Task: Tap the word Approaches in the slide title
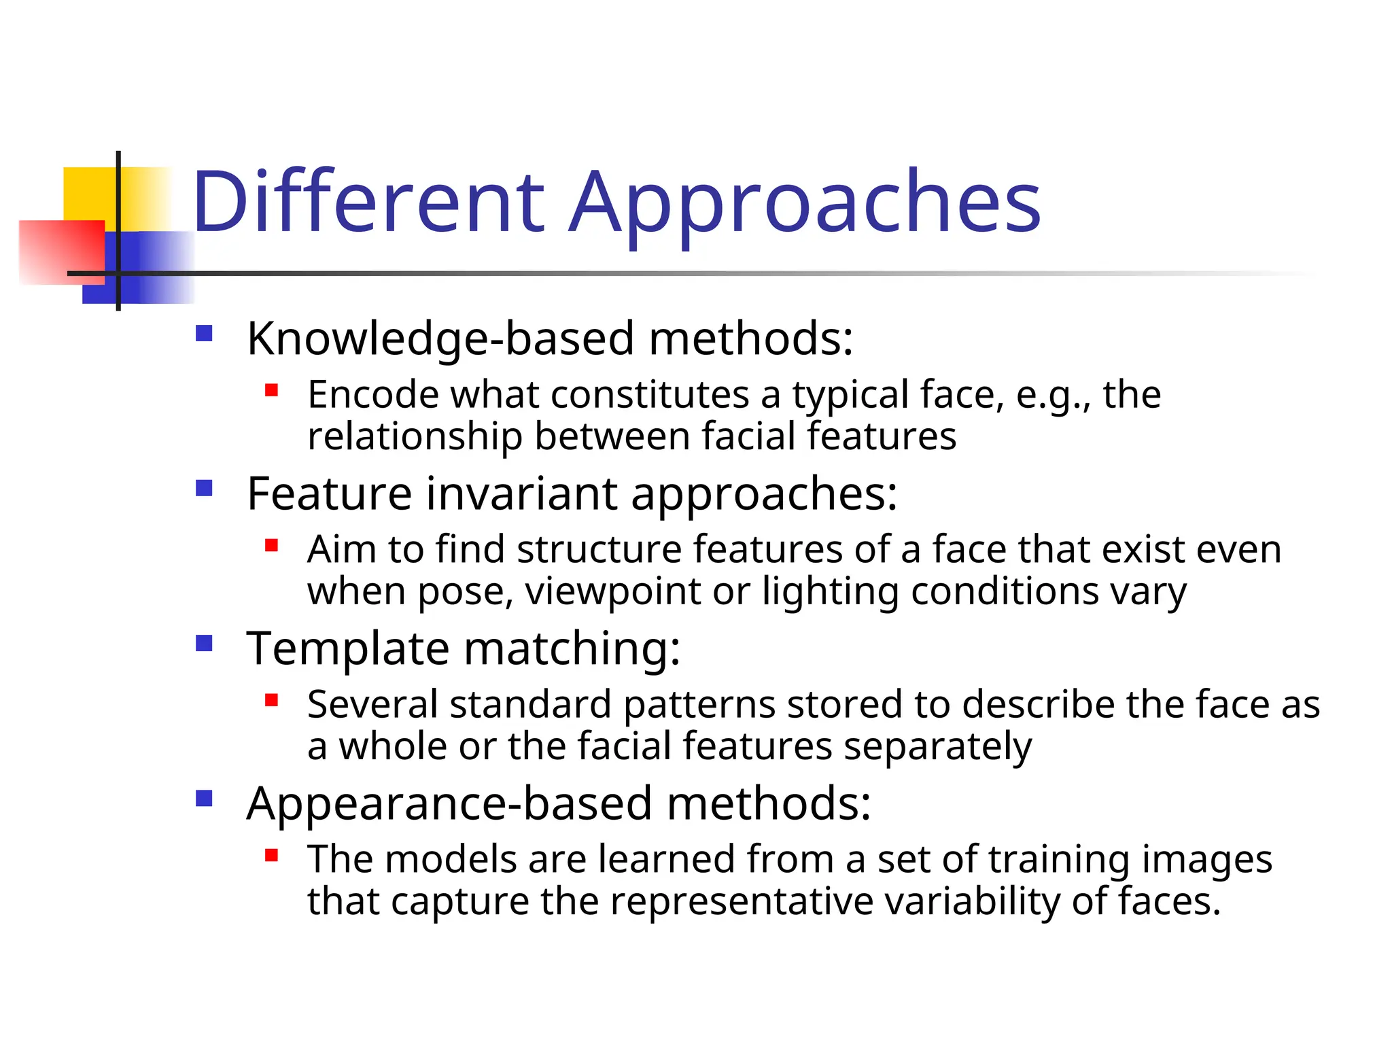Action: point(805,203)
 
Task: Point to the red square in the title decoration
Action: point(61,251)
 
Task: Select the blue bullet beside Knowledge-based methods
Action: point(204,334)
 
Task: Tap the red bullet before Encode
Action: point(272,390)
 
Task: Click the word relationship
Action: point(415,436)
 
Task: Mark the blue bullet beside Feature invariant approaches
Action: point(204,489)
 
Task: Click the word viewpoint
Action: point(613,591)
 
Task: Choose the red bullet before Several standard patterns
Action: point(272,700)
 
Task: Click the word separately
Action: point(938,746)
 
